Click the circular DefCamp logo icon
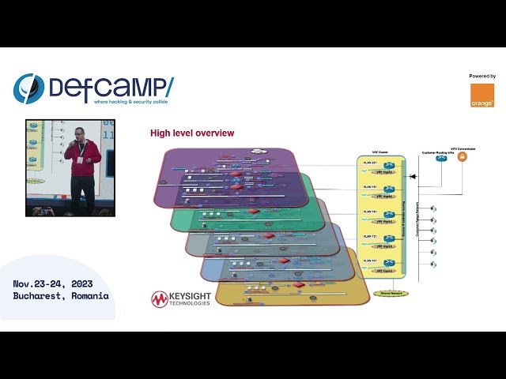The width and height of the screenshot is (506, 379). point(28,88)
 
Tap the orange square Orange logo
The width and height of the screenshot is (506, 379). point(481,96)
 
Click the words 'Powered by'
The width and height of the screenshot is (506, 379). point(482,77)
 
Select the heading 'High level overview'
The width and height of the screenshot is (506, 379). point(192,133)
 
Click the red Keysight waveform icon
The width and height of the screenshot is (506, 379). point(160,299)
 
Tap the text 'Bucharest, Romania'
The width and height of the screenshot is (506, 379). point(61,296)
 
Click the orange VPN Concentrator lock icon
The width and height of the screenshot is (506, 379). point(463,156)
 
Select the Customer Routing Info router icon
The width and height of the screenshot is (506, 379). point(440,157)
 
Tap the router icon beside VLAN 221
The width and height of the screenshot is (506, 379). point(388,167)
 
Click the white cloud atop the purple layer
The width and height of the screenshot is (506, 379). point(259,151)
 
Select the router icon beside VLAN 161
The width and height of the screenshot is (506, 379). point(388,215)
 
